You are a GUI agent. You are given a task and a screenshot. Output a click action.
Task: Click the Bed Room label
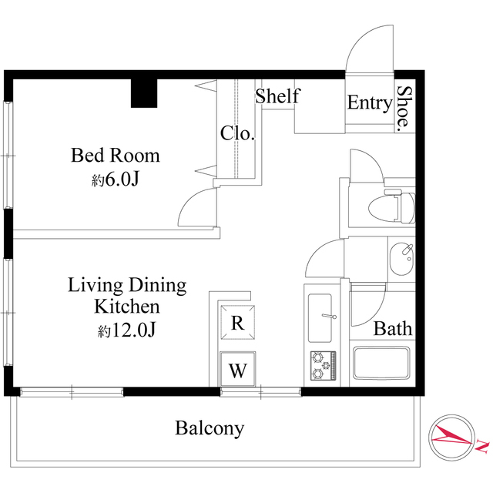coord(116,156)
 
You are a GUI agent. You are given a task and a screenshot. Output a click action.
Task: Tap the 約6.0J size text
coord(115,179)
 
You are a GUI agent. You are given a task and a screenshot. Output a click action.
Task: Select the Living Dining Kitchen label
coord(127,295)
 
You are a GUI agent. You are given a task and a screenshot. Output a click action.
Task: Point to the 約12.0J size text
coord(126,330)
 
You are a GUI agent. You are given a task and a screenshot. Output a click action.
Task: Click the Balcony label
coord(210,428)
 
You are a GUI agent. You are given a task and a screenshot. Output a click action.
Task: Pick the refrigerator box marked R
coord(237,322)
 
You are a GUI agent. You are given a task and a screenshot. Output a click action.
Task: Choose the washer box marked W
coord(238,369)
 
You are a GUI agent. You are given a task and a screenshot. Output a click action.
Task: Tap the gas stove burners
coord(324,366)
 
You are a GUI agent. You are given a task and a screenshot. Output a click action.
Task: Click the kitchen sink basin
coord(320,318)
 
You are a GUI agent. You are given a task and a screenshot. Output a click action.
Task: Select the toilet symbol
coord(392,207)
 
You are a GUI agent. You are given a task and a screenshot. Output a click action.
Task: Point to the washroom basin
coord(401,259)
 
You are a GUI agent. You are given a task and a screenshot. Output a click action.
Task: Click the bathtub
coord(381,363)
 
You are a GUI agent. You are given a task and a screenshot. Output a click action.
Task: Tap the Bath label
coord(393,329)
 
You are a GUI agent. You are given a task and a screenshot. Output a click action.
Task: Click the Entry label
coord(370,102)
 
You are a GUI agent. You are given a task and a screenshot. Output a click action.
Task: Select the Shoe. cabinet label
coord(404,109)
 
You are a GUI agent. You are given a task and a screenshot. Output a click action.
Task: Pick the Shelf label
coord(278,96)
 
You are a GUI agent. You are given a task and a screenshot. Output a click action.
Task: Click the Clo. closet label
coord(237,133)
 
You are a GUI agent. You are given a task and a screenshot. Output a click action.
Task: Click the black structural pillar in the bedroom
coord(144,93)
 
